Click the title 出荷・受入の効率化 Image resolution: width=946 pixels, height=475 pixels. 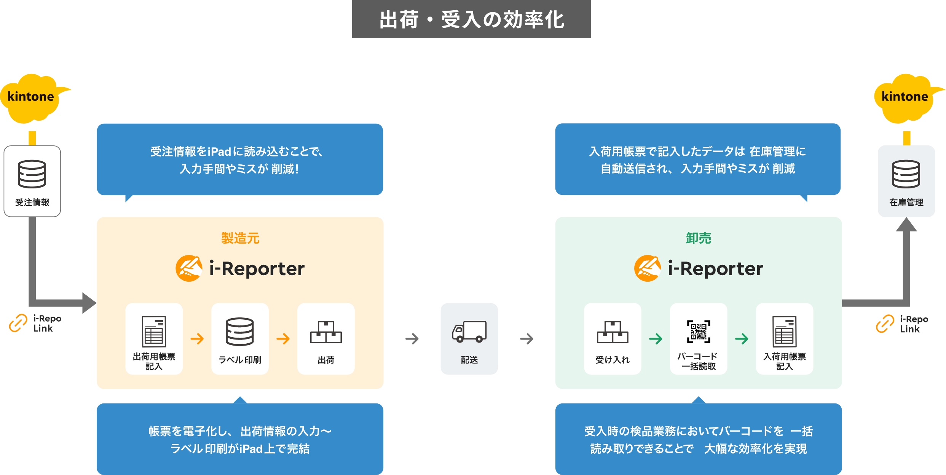tap(471, 19)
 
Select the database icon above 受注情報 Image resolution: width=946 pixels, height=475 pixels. tap(32, 174)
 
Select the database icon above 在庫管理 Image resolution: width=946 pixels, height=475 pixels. tap(906, 174)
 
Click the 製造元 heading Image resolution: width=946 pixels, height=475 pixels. tap(240, 238)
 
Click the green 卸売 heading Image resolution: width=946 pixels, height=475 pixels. tap(698, 238)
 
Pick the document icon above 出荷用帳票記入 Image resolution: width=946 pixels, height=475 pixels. tap(154, 331)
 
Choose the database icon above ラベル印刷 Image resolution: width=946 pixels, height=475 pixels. tap(240, 332)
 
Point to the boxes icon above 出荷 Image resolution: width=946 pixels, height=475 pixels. tap(326, 332)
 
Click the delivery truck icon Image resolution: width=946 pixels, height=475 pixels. tap(469, 332)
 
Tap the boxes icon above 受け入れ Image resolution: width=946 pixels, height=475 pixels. tap(613, 332)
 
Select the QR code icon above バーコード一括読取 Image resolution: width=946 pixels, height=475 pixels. tap(699, 332)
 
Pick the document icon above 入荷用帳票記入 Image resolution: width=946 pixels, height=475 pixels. tap(784, 331)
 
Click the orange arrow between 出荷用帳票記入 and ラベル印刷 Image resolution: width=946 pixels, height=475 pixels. tap(197, 339)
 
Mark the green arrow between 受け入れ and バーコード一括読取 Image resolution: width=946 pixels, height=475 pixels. tap(656, 339)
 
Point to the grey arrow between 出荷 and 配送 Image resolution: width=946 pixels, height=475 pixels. tap(412, 339)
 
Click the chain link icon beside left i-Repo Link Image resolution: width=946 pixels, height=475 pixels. tap(18, 323)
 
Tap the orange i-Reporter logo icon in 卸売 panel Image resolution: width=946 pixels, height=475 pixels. tap(647, 268)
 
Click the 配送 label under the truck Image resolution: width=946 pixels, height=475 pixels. tap(469, 360)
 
